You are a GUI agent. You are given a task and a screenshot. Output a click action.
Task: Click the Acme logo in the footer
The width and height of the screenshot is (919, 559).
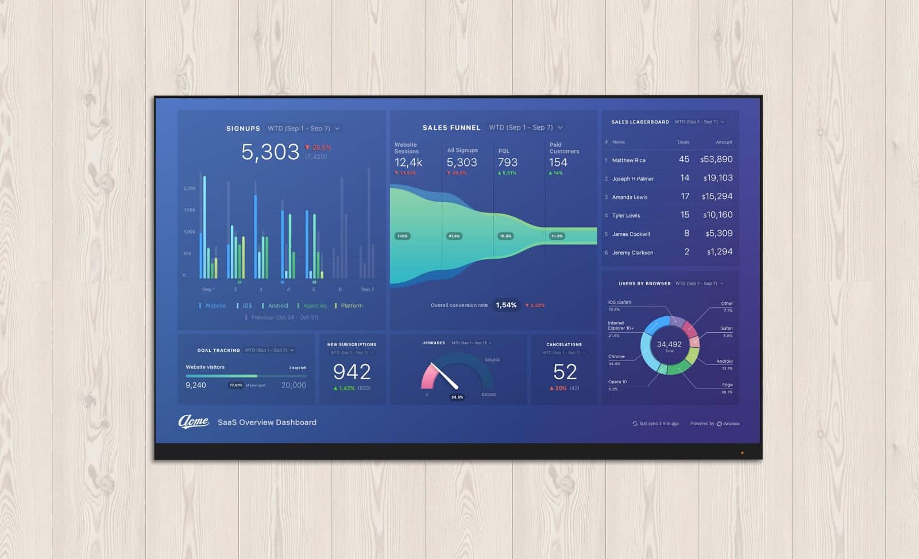[194, 422]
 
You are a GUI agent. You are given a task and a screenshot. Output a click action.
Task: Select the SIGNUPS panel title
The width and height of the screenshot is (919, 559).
[243, 129]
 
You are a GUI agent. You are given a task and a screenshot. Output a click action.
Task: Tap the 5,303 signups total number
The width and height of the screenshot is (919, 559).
[270, 152]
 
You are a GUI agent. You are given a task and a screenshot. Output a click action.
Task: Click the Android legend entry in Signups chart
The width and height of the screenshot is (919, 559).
[278, 306]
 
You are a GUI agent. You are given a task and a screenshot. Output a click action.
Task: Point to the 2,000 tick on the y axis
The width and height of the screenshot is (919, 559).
[190, 188]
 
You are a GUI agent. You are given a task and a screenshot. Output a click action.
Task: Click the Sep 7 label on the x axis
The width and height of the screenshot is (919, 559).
[367, 289]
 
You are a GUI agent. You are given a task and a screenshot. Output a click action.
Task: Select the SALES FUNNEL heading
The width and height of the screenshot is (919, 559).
[451, 128]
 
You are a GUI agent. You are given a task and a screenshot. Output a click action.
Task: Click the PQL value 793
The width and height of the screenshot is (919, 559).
[508, 162]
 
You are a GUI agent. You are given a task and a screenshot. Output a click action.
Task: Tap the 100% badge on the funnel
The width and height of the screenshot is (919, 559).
[402, 236]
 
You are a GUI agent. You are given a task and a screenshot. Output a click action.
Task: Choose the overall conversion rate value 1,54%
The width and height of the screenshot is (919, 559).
[506, 305]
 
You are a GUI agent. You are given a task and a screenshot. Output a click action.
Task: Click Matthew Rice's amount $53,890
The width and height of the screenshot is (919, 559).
[716, 160]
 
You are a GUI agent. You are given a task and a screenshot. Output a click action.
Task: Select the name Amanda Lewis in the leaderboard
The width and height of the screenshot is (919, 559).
[630, 197]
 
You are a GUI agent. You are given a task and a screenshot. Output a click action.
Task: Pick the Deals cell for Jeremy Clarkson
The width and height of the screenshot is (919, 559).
[687, 252]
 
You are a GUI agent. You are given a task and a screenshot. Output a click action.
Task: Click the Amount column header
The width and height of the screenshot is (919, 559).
[724, 142]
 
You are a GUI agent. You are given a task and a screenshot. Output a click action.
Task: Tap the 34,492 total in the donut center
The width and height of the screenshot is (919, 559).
[669, 344]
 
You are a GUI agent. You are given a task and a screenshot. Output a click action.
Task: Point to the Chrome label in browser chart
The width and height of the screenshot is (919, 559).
[616, 356]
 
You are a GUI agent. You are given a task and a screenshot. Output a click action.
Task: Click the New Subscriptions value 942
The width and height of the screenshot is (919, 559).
[352, 372]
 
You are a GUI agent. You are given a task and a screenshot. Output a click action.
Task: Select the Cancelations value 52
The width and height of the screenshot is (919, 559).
[565, 372]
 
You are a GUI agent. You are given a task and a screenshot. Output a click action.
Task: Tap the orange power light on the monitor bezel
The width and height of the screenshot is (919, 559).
[742, 453]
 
